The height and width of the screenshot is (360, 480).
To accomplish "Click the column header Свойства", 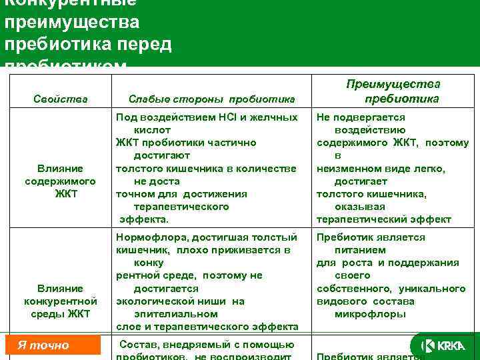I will pos(60,99).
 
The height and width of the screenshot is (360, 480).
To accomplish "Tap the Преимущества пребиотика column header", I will pos(392,91).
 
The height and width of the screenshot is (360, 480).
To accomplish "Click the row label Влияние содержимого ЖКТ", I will pos(60,181).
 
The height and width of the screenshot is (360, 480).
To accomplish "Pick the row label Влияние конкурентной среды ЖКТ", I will pos(60,301).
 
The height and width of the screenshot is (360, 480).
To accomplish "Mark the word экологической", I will pos(157,301).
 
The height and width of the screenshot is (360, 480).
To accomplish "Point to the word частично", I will pos(233,142).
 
